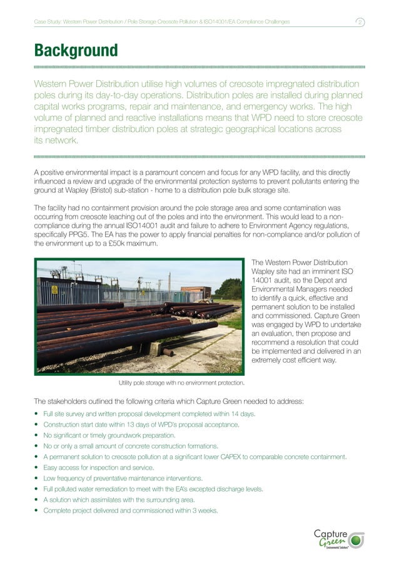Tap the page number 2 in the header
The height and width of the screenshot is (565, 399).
point(361,23)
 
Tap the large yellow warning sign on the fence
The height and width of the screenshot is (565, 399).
point(54,290)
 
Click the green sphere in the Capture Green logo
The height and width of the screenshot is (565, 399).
point(356,539)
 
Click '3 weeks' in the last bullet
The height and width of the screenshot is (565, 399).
point(205,510)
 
